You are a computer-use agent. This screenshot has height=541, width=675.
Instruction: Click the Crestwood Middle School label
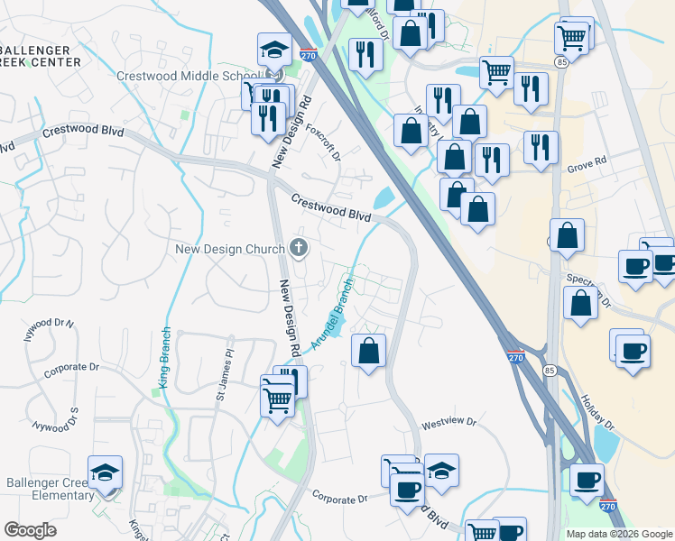pyautogui.click(x=188, y=76)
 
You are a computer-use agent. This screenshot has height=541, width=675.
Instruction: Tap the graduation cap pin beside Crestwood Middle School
pyautogui.click(x=275, y=51)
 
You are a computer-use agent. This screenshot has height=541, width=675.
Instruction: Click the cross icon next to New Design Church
pyautogui.click(x=300, y=248)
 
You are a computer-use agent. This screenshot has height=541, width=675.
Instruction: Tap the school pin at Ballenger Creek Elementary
pyautogui.click(x=105, y=473)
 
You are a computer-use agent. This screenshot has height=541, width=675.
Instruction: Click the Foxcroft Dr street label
pyautogui.click(x=323, y=142)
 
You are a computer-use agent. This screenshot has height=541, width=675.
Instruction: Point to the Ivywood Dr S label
pyautogui.click(x=55, y=417)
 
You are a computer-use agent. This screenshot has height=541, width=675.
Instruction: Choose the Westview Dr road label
pyautogui.click(x=447, y=421)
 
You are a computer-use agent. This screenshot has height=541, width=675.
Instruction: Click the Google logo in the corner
pyautogui.click(x=30, y=530)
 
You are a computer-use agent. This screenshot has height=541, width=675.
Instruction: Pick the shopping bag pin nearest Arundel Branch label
pyautogui.click(x=368, y=351)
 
